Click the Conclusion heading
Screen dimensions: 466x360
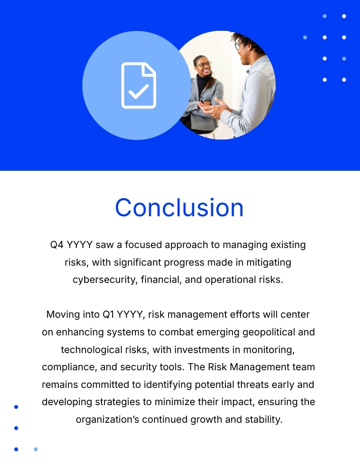pyautogui.click(x=179, y=207)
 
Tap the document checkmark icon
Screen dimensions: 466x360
pyautogui.click(x=139, y=86)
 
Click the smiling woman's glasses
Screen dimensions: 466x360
pyautogui.click(x=203, y=64)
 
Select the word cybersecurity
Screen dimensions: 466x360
pyautogui.click(x=105, y=280)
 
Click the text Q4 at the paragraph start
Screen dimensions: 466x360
pyautogui.click(x=57, y=244)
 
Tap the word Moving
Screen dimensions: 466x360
pyautogui.click(x=61, y=315)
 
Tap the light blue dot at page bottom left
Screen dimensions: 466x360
pyautogui.click(x=36, y=449)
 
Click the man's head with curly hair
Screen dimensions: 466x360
pyautogui.click(x=245, y=44)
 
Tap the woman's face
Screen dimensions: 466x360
pyautogui.click(x=202, y=67)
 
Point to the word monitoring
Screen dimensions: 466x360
pyautogui.click(x=269, y=349)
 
